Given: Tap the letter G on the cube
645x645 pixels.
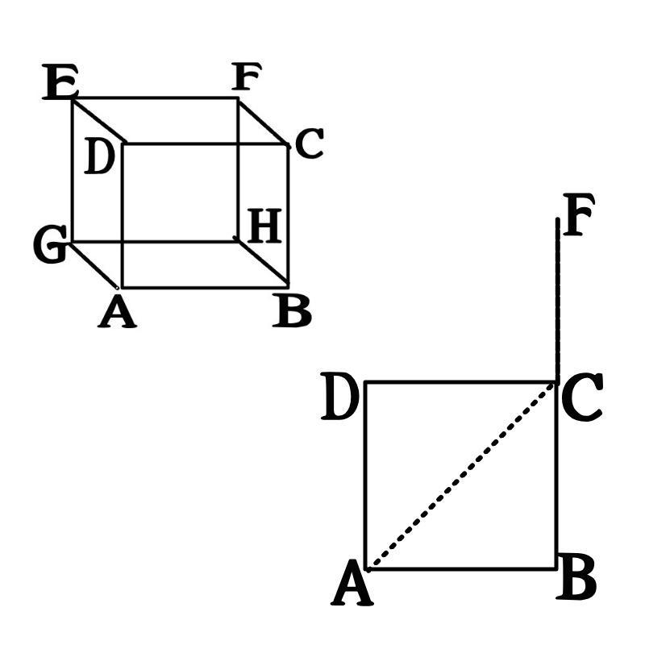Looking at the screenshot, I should (49, 246).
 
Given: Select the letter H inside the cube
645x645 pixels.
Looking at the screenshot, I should (264, 227).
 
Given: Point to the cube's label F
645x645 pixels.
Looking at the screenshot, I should (246, 78).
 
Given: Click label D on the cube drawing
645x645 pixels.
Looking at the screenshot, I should (98, 158).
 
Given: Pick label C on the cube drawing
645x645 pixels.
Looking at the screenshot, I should (309, 145).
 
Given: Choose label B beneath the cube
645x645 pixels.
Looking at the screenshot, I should (291, 312).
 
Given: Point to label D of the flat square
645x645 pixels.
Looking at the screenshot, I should (339, 400).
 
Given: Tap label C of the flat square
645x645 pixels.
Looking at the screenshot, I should (581, 401).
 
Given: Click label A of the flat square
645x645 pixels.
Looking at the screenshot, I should (352, 585).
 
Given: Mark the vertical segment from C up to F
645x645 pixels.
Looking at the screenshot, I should (557, 298).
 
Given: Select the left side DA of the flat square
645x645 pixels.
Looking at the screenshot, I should (366, 476).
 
